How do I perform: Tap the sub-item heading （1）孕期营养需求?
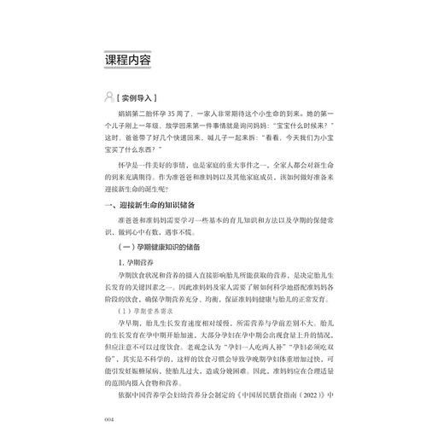pyautogui.click(x=149, y=313)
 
